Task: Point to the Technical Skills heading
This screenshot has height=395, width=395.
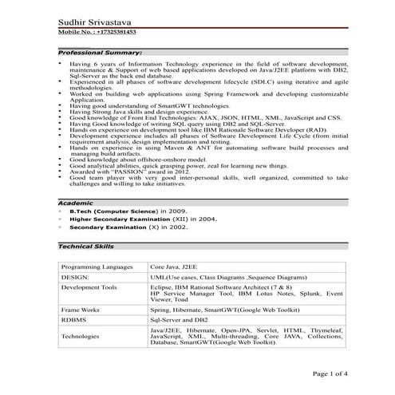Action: (x=86, y=247)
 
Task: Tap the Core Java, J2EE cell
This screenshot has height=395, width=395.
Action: (x=171, y=265)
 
